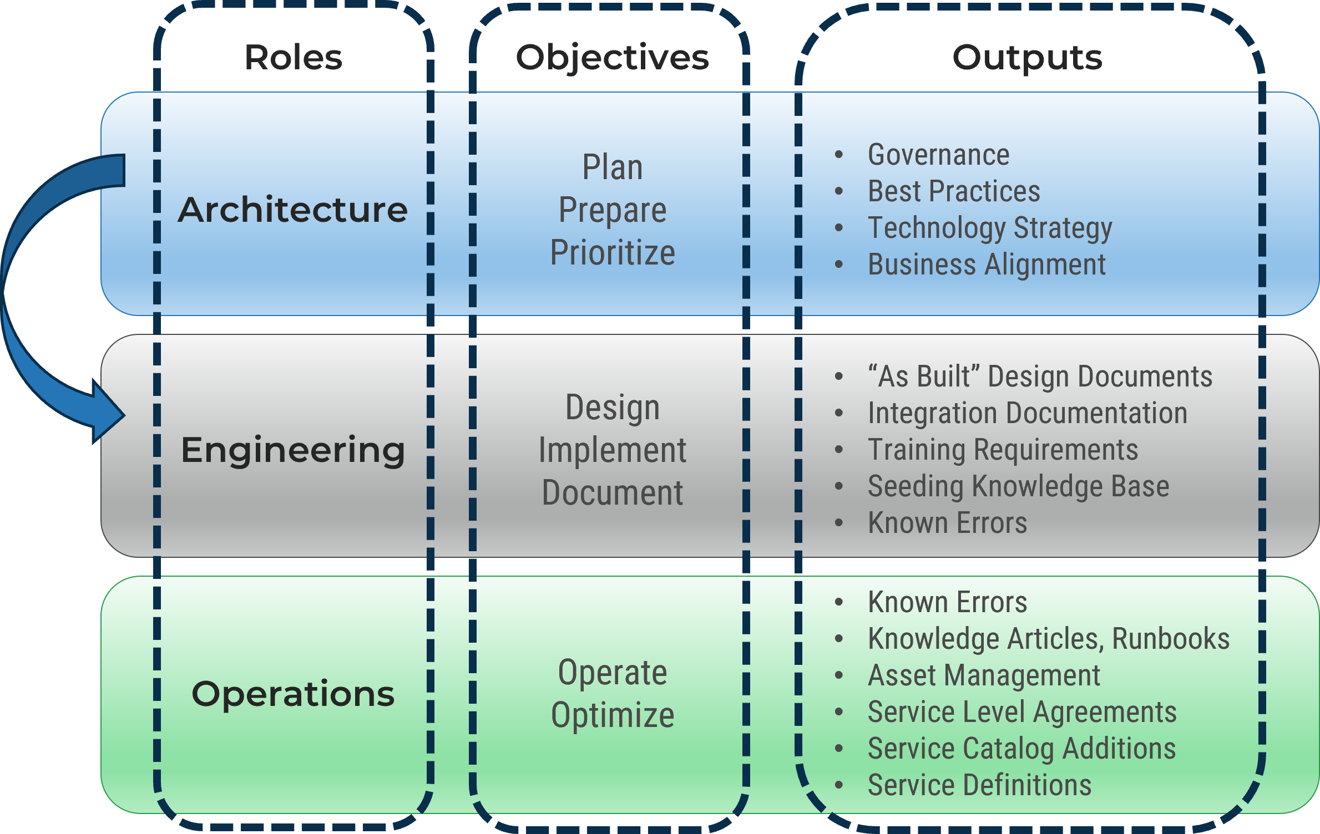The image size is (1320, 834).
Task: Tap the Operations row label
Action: tap(292, 694)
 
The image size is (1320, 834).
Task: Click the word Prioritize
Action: tap(612, 253)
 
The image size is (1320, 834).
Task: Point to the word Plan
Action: tap(612, 167)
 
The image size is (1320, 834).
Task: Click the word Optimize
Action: tap(612, 715)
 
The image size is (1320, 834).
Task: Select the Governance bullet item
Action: tap(938, 155)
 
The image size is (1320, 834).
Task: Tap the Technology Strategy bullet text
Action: tap(990, 228)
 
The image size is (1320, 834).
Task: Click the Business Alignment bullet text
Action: tap(987, 265)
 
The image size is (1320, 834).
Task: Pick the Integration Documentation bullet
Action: tap(1027, 413)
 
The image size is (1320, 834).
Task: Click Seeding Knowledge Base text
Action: tap(1018, 486)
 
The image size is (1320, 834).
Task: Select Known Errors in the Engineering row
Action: tap(947, 523)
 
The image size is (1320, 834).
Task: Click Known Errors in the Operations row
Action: tap(947, 602)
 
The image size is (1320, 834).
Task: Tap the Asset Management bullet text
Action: tap(984, 675)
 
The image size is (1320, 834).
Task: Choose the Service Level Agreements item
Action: tap(1022, 712)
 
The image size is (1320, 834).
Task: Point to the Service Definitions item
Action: tap(979, 785)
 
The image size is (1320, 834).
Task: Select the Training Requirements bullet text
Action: tap(1003, 450)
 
